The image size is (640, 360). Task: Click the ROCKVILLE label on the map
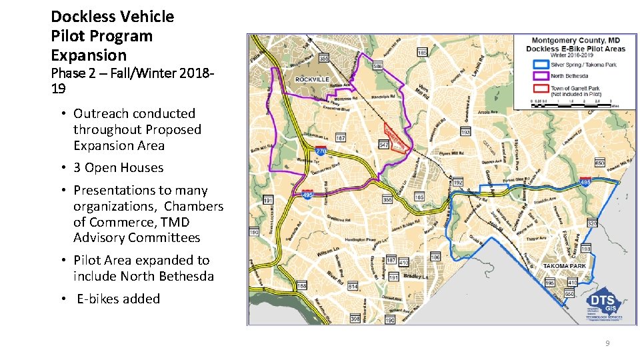tap(313, 79)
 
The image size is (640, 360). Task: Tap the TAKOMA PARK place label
tap(564, 265)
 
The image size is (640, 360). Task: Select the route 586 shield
tap(377, 67)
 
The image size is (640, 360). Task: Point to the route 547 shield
tap(384, 145)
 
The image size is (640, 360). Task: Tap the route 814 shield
tap(353, 286)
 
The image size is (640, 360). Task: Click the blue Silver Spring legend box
tap(540, 65)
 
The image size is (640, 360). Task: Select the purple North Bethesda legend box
tap(540, 76)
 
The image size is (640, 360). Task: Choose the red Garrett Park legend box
tap(540, 88)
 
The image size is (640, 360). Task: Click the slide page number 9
tap(607, 343)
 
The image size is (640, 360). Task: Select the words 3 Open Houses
tap(118, 168)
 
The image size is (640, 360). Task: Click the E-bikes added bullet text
tap(118, 299)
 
